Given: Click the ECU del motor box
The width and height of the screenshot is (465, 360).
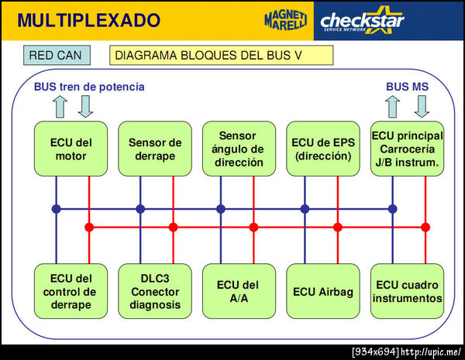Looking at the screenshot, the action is click(71, 149).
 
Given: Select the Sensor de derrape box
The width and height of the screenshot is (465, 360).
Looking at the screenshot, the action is click(155, 149).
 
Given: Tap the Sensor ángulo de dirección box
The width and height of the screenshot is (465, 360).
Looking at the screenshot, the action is click(239, 149).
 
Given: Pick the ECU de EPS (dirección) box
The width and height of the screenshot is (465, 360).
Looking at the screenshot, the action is click(323, 149).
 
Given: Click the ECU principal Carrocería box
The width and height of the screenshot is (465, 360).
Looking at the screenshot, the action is click(407, 149).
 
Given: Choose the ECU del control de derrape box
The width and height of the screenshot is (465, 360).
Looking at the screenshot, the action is click(71, 291).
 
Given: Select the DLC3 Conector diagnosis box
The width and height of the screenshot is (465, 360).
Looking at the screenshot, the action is click(155, 291).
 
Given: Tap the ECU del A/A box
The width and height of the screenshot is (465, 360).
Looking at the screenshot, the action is click(239, 291).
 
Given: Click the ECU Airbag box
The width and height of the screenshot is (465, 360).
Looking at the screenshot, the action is click(323, 291).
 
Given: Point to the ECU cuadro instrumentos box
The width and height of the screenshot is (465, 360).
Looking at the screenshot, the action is click(407, 291).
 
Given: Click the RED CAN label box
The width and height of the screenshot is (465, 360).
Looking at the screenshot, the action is click(57, 55).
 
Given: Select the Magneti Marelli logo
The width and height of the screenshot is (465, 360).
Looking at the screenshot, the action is click(285, 20).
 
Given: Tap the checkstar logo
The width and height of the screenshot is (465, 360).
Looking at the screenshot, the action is click(362, 21).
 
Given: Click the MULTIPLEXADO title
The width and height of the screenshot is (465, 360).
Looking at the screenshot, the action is click(88, 20).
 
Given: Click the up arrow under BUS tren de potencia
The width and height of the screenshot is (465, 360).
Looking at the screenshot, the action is click(60, 107).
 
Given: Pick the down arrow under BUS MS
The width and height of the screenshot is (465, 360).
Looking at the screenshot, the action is click(422, 107).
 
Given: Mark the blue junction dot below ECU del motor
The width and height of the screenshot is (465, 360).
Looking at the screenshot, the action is click(57, 209).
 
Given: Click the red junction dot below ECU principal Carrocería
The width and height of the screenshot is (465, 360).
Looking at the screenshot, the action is click(425, 228).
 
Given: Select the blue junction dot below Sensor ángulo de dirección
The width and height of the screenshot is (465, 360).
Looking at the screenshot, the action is click(221, 209).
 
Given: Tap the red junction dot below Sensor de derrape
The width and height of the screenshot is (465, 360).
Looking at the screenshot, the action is click(173, 228).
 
